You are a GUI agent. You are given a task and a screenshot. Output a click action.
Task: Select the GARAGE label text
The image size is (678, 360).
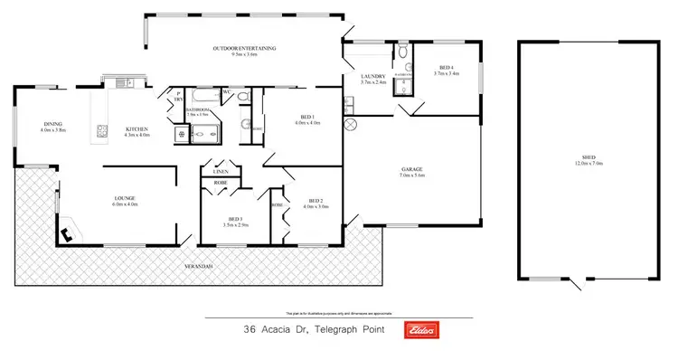coord(413,172)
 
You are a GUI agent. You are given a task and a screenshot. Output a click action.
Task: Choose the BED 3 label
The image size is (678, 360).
coord(236,220)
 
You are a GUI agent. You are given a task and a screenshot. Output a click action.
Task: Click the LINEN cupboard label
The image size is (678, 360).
coord(220,171)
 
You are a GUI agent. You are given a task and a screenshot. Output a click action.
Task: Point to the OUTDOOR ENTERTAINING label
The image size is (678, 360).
coord(244,49)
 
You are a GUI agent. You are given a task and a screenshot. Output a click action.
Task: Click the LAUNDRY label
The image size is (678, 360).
coord(372,77)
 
